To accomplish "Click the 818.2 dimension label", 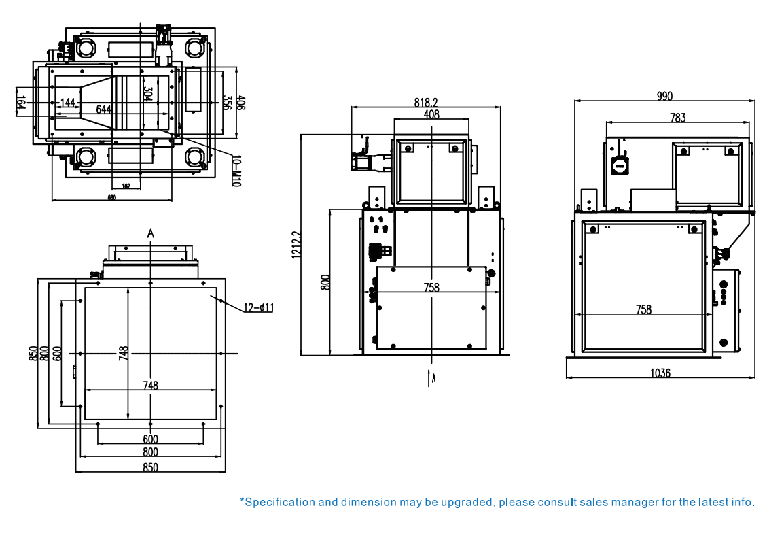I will pos(426,102).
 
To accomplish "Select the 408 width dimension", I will pos(431,114).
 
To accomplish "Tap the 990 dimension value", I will pos(664,96).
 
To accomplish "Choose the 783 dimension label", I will pos(677,118).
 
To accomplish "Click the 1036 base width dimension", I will pos(660,373).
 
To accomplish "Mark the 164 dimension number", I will pos(21,103).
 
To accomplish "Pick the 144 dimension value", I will pos(67,103).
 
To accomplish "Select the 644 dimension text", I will pos(103,109).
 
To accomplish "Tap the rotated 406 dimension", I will pos(241,103).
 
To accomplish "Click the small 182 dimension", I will pos(126,186).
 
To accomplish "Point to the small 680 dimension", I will pos(111,198).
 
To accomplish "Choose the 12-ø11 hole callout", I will pos(258,308).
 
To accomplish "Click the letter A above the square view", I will pos(151,233).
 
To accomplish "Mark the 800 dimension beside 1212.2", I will pos(325,282).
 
